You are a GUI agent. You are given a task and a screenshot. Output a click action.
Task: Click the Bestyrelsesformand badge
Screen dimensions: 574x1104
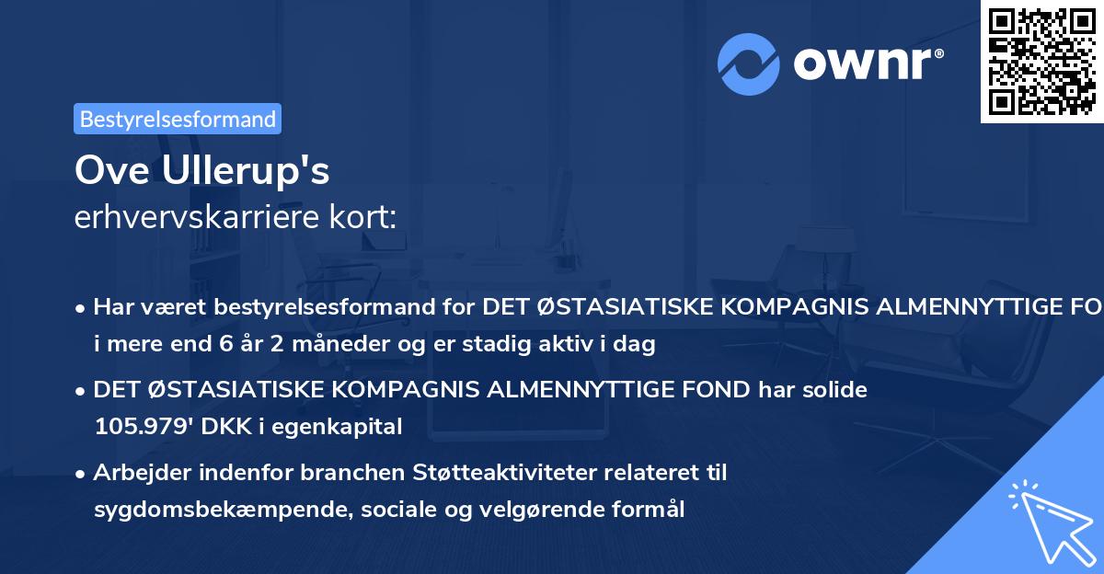(178, 119)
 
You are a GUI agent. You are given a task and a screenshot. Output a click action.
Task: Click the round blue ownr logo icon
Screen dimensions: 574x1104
(749, 64)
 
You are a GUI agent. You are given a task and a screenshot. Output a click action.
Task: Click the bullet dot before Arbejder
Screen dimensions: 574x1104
(82, 474)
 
